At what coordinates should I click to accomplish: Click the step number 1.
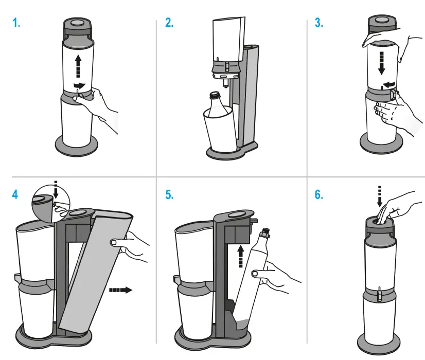(16, 24)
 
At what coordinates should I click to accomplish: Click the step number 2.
(169, 24)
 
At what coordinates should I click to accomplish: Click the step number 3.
(319, 24)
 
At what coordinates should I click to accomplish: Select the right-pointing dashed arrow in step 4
(120, 290)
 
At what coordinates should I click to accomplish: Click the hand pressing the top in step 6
(399, 206)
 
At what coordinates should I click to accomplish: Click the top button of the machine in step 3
(382, 21)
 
